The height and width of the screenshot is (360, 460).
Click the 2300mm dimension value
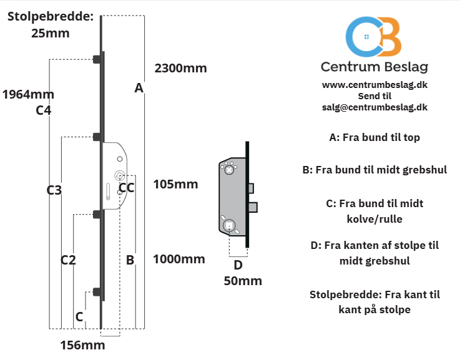pyautogui.click(x=181, y=68)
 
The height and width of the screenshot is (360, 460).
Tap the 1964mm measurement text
pyautogui.click(x=28, y=94)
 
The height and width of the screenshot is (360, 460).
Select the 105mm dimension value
pyautogui.click(x=175, y=184)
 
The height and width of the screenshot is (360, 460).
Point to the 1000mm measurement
pyautogui.click(x=179, y=259)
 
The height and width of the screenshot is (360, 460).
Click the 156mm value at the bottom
pyautogui.click(x=83, y=345)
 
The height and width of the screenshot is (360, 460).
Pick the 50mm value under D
pyautogui.click(x=243, y=281)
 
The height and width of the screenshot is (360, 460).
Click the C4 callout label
pyautogui.click(x=44, y=110)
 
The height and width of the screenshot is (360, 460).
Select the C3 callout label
pyautogui.click(x=54, y=190)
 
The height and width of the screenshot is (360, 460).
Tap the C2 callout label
pyautogui.click(x=68, y=260)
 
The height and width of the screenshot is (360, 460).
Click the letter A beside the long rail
pyautogui.click(x=139, y=88)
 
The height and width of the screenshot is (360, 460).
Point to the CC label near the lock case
pyautogui.click(x=127, y=188)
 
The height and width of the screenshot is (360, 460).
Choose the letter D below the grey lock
pyautogui.click(x=238, y=265)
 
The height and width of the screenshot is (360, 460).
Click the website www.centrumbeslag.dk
pyautogui.click(x=374, y=85)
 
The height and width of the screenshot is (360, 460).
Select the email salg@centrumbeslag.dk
pyautogui.click(x=374, y=107)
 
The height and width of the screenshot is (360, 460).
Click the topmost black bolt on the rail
pyautogui.click(x=97, y=59)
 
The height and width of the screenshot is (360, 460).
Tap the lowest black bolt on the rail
pyautogui.click(x=97, y=292)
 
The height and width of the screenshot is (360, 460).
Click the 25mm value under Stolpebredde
pyautogui.click(x=51, y=33)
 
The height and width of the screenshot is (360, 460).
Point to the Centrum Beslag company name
pyautogui.click(x=374, y=67)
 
